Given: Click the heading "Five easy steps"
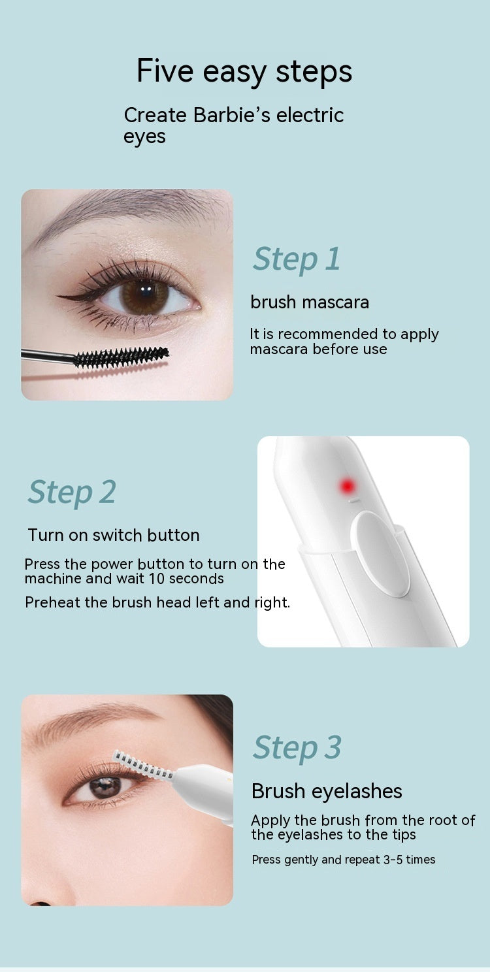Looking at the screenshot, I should tap(244, 71).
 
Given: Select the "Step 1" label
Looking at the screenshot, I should tap(297, 259).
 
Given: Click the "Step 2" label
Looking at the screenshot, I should tap(72, 492).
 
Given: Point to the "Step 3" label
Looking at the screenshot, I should tap(297, 747).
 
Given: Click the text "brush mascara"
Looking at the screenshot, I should tap(310, 302).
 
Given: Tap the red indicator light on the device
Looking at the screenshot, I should tap(347, 485).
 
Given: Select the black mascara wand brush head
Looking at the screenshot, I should tap(121, 357).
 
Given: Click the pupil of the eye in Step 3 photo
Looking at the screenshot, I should tap(105, 787).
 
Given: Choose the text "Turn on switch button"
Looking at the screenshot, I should tap(114, 535).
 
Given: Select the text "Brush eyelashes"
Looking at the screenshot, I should tap(327, 791).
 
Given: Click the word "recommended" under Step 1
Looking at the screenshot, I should tap(315, 334).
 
